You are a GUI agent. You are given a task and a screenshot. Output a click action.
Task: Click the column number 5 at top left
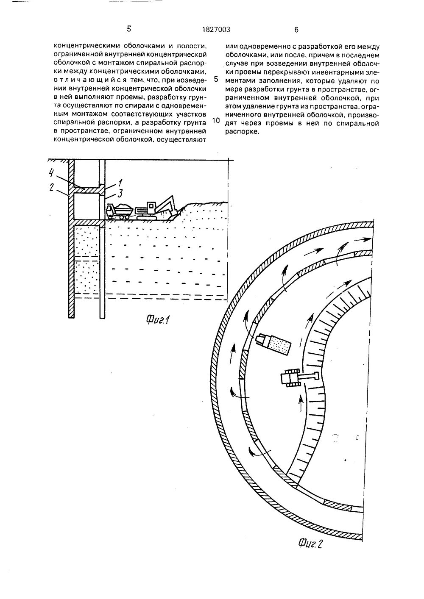pyautogui.click(x=129, y=29)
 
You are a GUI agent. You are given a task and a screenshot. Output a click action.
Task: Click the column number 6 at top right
pyautogui.click(x=296, y=30)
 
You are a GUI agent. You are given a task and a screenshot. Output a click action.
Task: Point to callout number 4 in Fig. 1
pyautogui.click(x=51, y=172)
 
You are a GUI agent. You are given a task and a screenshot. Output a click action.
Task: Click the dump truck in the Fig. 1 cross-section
pyautogui.click(x=119, y=211)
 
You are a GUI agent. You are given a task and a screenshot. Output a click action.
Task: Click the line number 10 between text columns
pyautogui.click(x=216, y=120)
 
